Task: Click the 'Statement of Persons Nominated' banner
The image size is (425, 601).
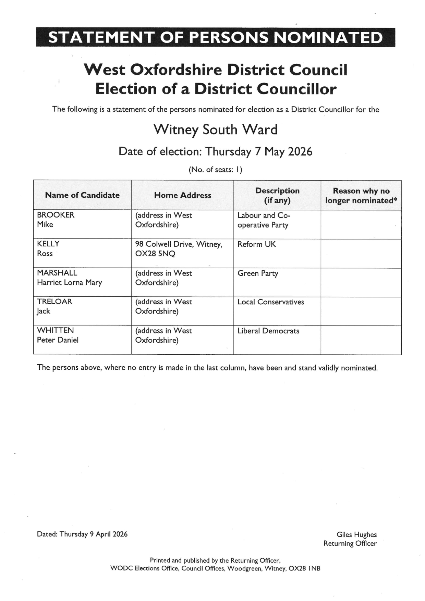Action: click(x=215, y=37)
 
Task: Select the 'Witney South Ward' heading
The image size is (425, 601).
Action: click(x=215, y=130)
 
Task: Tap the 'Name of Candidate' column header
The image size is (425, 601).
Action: click(x=82, y=195)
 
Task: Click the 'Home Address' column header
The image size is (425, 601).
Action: click(x=182, y=195)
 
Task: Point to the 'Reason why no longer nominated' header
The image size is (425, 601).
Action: click(x=361, y=196)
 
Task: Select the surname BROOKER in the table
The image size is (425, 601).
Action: click(x=56, y=215)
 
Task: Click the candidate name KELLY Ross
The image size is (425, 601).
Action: click(x=48, y=248)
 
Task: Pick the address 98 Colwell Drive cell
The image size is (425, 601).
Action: click(x=179, y=249)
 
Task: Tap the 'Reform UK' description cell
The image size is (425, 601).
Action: click(x=256, y=244)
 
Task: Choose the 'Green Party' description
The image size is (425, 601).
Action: click(x=258, y=273)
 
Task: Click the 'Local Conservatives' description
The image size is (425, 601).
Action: click(x=271, y=302)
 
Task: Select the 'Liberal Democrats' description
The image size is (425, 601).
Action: click(x=268, y=331)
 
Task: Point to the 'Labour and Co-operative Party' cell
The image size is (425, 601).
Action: click(x=264, y=220)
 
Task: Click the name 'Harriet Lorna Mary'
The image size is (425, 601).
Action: click(x=70, y=282)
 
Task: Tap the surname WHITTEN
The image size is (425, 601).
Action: click(x=55, y=330)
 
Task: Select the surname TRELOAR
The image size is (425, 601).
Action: click(x=54, y=302)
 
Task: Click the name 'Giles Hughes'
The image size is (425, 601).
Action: click(x=356, y=535)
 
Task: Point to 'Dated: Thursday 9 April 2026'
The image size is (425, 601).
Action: click(x=82, y=534)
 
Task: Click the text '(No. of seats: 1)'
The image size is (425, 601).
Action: click(x=215, y=170)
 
